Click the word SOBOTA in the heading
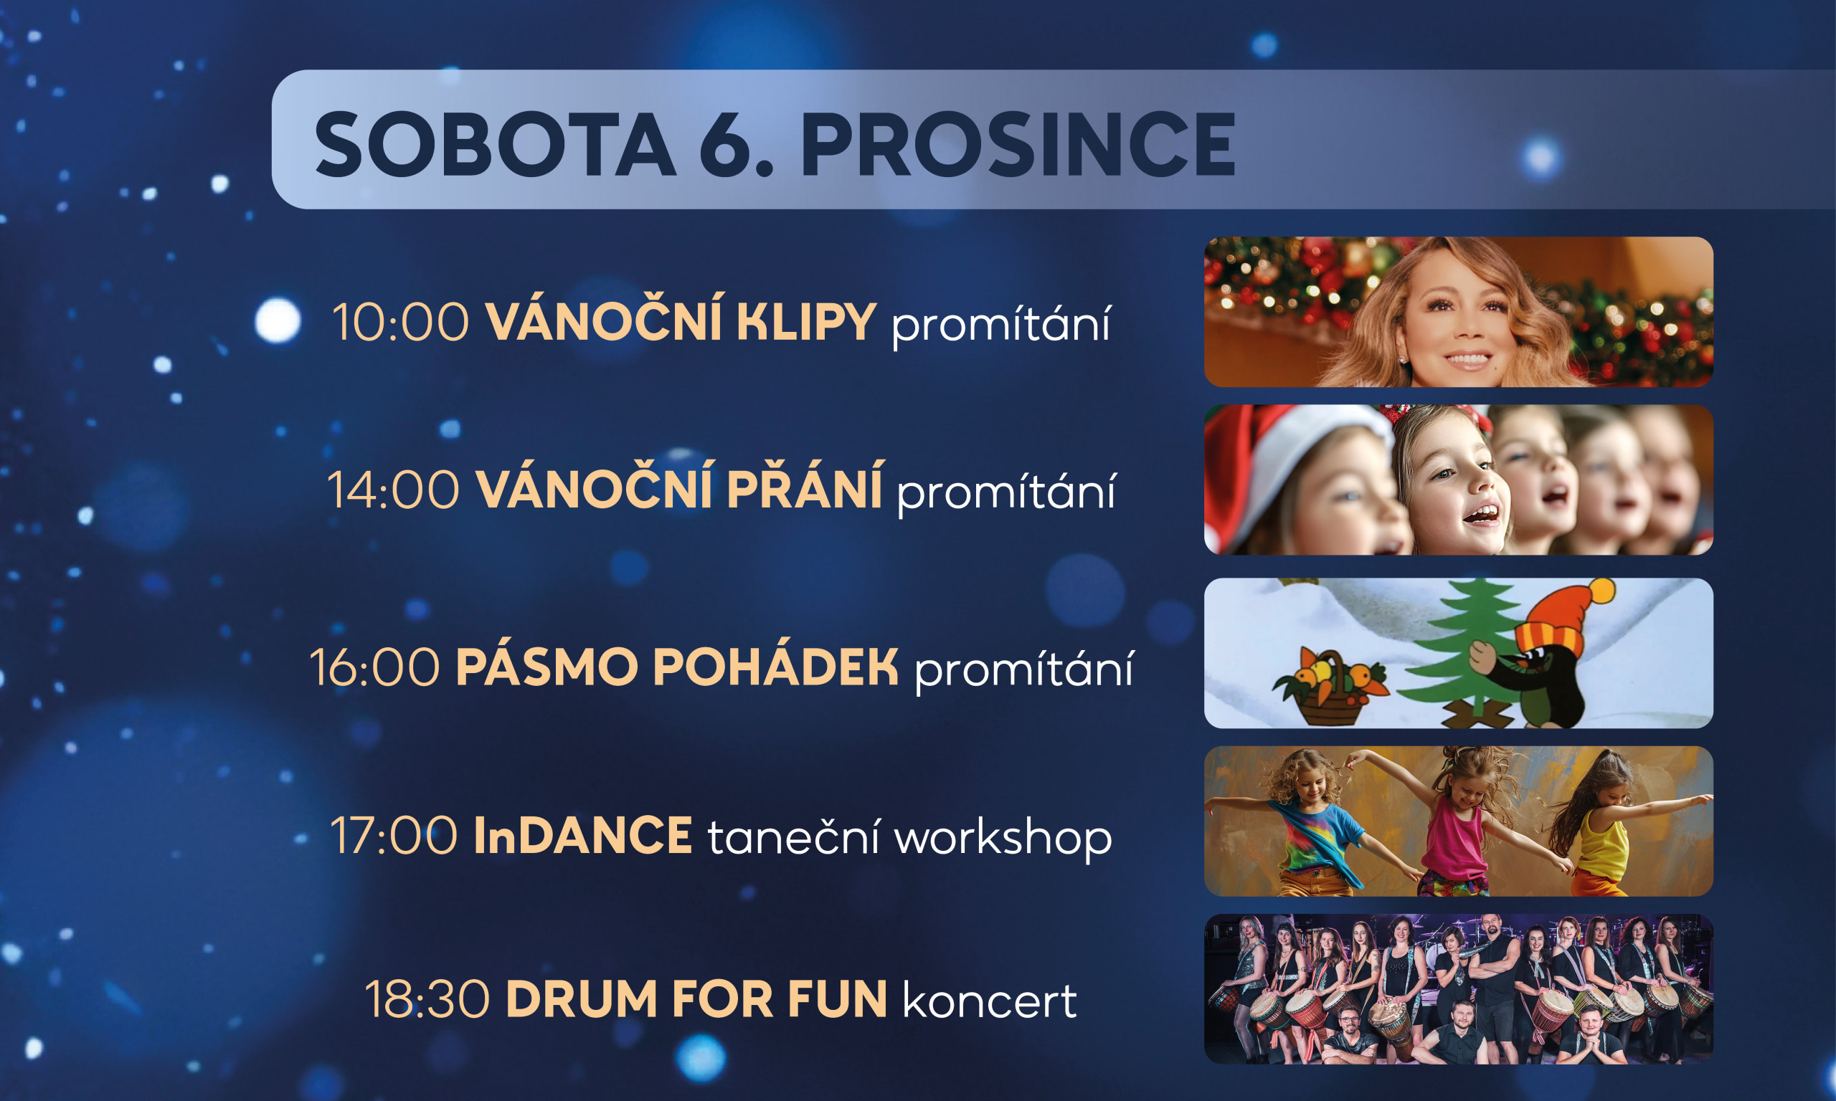point(496,144)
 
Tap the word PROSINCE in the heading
point(1018,144)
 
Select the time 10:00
point(401,323)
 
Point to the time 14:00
point(393,490)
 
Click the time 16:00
point(375,668)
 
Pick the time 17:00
point(394,836)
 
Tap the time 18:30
point(427,999)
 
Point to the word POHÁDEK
point(776,664)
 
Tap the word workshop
point(1003,838)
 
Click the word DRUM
point(582,999)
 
